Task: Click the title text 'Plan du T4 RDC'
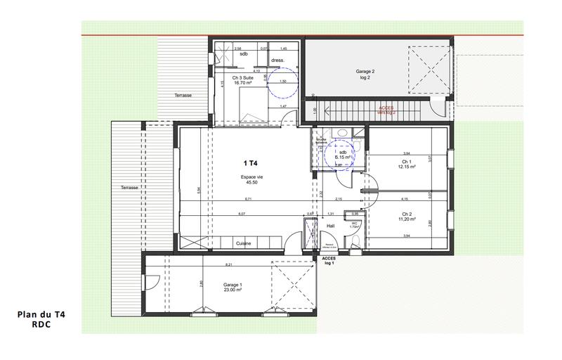click(41, 321)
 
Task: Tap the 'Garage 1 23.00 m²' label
click(233, 288)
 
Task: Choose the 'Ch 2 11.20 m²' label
click(406, 217)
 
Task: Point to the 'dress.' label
click(287, 60)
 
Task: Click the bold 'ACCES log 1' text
click(329, 261)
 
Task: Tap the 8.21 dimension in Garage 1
click(229, 264)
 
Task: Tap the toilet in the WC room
click(356, 240)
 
